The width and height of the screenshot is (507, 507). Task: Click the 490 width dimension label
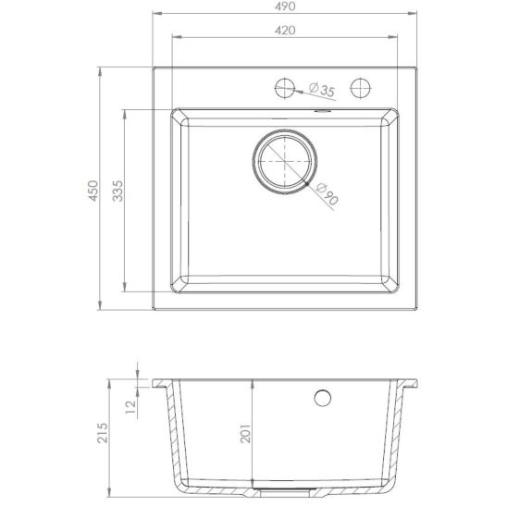284,6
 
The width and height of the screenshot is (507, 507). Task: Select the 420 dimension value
284,31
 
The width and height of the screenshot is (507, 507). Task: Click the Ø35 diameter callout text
321,90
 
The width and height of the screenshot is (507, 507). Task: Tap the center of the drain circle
284,163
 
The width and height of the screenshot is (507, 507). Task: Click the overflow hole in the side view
323,398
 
